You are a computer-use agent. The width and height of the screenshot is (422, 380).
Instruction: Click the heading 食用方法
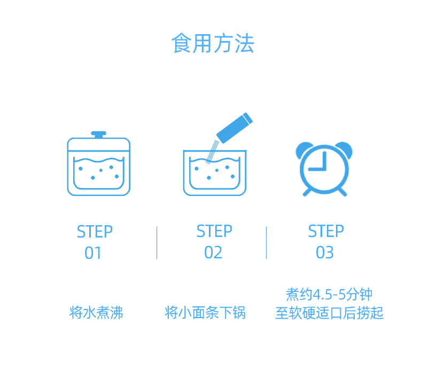point(212,44)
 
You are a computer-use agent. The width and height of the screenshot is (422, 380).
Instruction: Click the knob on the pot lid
point(98,134)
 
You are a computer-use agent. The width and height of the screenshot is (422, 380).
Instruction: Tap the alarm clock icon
point(324,169)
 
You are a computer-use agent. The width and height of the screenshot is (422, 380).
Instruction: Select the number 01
point(93,253)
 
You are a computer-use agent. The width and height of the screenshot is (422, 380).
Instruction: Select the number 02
point(213,252)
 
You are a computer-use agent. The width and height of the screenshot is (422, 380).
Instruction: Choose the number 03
point(325,252)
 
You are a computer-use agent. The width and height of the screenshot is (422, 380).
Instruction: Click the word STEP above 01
point(95,232)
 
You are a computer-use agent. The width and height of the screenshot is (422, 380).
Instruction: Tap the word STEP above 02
point(214,232)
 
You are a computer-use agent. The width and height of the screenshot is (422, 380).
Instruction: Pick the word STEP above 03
point(326,232)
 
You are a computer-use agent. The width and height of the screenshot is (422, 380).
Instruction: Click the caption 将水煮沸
point(96,313)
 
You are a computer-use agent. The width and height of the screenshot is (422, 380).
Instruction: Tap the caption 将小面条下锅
point(205,313)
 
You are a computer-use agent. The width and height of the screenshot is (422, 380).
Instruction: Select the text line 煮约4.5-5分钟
point(329,295)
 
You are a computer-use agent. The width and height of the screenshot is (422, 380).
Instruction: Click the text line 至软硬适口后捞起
point(329,313)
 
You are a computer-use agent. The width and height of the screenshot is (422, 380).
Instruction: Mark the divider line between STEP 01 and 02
point(157,243)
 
